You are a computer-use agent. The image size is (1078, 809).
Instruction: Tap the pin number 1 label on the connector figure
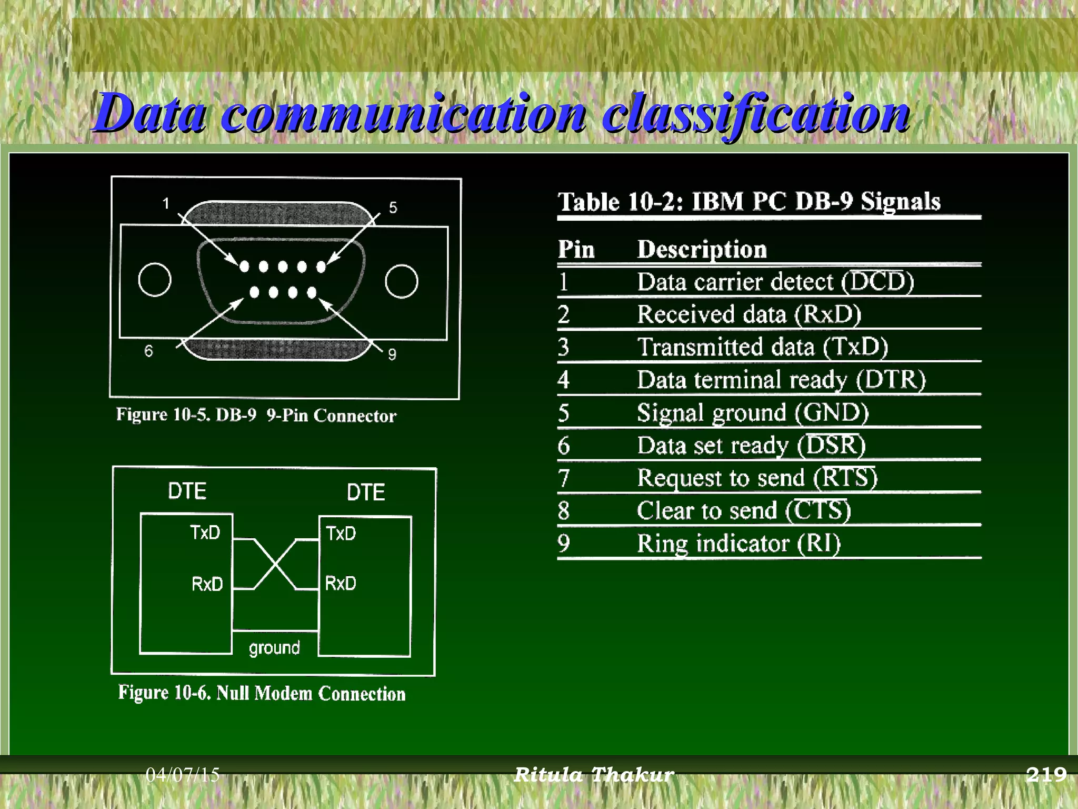point(166,203)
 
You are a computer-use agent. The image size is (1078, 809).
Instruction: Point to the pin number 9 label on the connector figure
point(392,354)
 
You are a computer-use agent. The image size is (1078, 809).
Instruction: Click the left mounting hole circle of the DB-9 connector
point(155,280)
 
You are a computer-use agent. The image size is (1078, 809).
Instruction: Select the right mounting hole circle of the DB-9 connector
point(401,281)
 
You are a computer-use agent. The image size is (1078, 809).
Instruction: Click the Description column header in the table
point(702,249)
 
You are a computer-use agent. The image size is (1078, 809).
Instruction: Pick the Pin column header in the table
point(576,249)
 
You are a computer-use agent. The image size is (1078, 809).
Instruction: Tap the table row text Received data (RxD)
point(748,314)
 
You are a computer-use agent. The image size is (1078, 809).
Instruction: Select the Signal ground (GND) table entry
point(752,412)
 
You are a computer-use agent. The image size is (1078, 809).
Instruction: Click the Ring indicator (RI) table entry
point(738,543)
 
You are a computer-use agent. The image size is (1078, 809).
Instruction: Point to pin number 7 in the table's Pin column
point(564,478)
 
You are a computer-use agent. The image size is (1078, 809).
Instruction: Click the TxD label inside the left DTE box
point(205,532)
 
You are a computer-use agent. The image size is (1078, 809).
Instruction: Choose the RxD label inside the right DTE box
point(341,583)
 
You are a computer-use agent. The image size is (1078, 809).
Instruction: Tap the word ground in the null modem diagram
point(274,647)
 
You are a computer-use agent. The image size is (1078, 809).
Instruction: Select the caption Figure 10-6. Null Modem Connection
point(262,693)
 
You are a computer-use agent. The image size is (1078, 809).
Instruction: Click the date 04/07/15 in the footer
point(182,775)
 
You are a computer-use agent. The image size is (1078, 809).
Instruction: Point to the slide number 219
point(1046,774)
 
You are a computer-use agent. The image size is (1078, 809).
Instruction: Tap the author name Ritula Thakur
point(593,775)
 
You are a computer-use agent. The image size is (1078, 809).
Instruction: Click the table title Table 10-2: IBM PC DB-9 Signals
point(748,202)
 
